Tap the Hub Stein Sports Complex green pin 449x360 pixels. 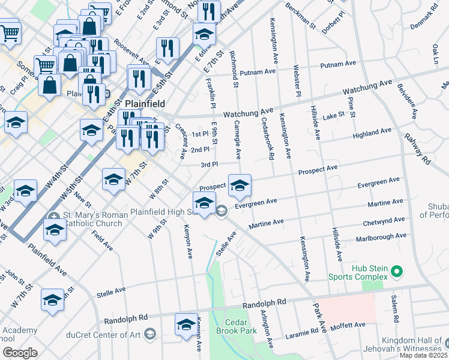[396, 272]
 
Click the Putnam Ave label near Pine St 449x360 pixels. [339, 65]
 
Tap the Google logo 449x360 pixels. [20, 353]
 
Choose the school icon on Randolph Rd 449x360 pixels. [185, 324]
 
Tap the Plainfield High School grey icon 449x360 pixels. [221, 210]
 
